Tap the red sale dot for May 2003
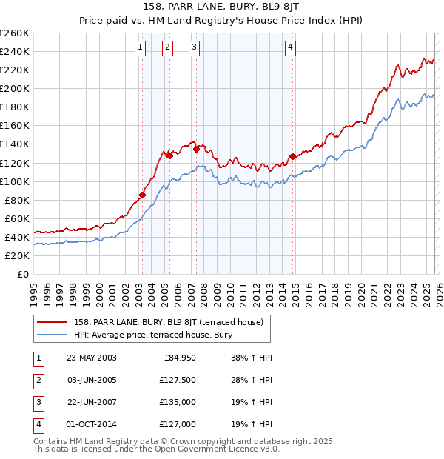(143, 195)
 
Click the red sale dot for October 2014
(292, 156)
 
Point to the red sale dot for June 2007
(197, 149)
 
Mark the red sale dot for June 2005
(169, 155)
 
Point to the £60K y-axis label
(16, 218)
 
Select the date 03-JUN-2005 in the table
(91, 381)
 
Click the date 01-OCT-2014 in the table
(91, 424)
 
